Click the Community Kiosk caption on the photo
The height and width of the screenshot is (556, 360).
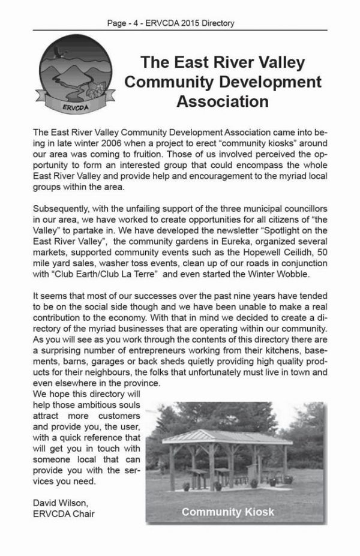point(227,512)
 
